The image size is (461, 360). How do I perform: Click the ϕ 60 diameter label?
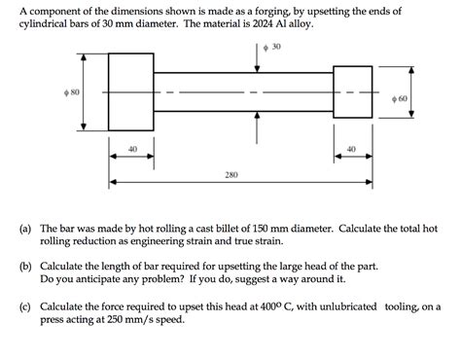401,98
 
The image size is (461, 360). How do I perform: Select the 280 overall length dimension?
230,176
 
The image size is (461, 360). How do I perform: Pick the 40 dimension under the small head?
351,149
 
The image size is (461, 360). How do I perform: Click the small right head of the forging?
351,92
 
